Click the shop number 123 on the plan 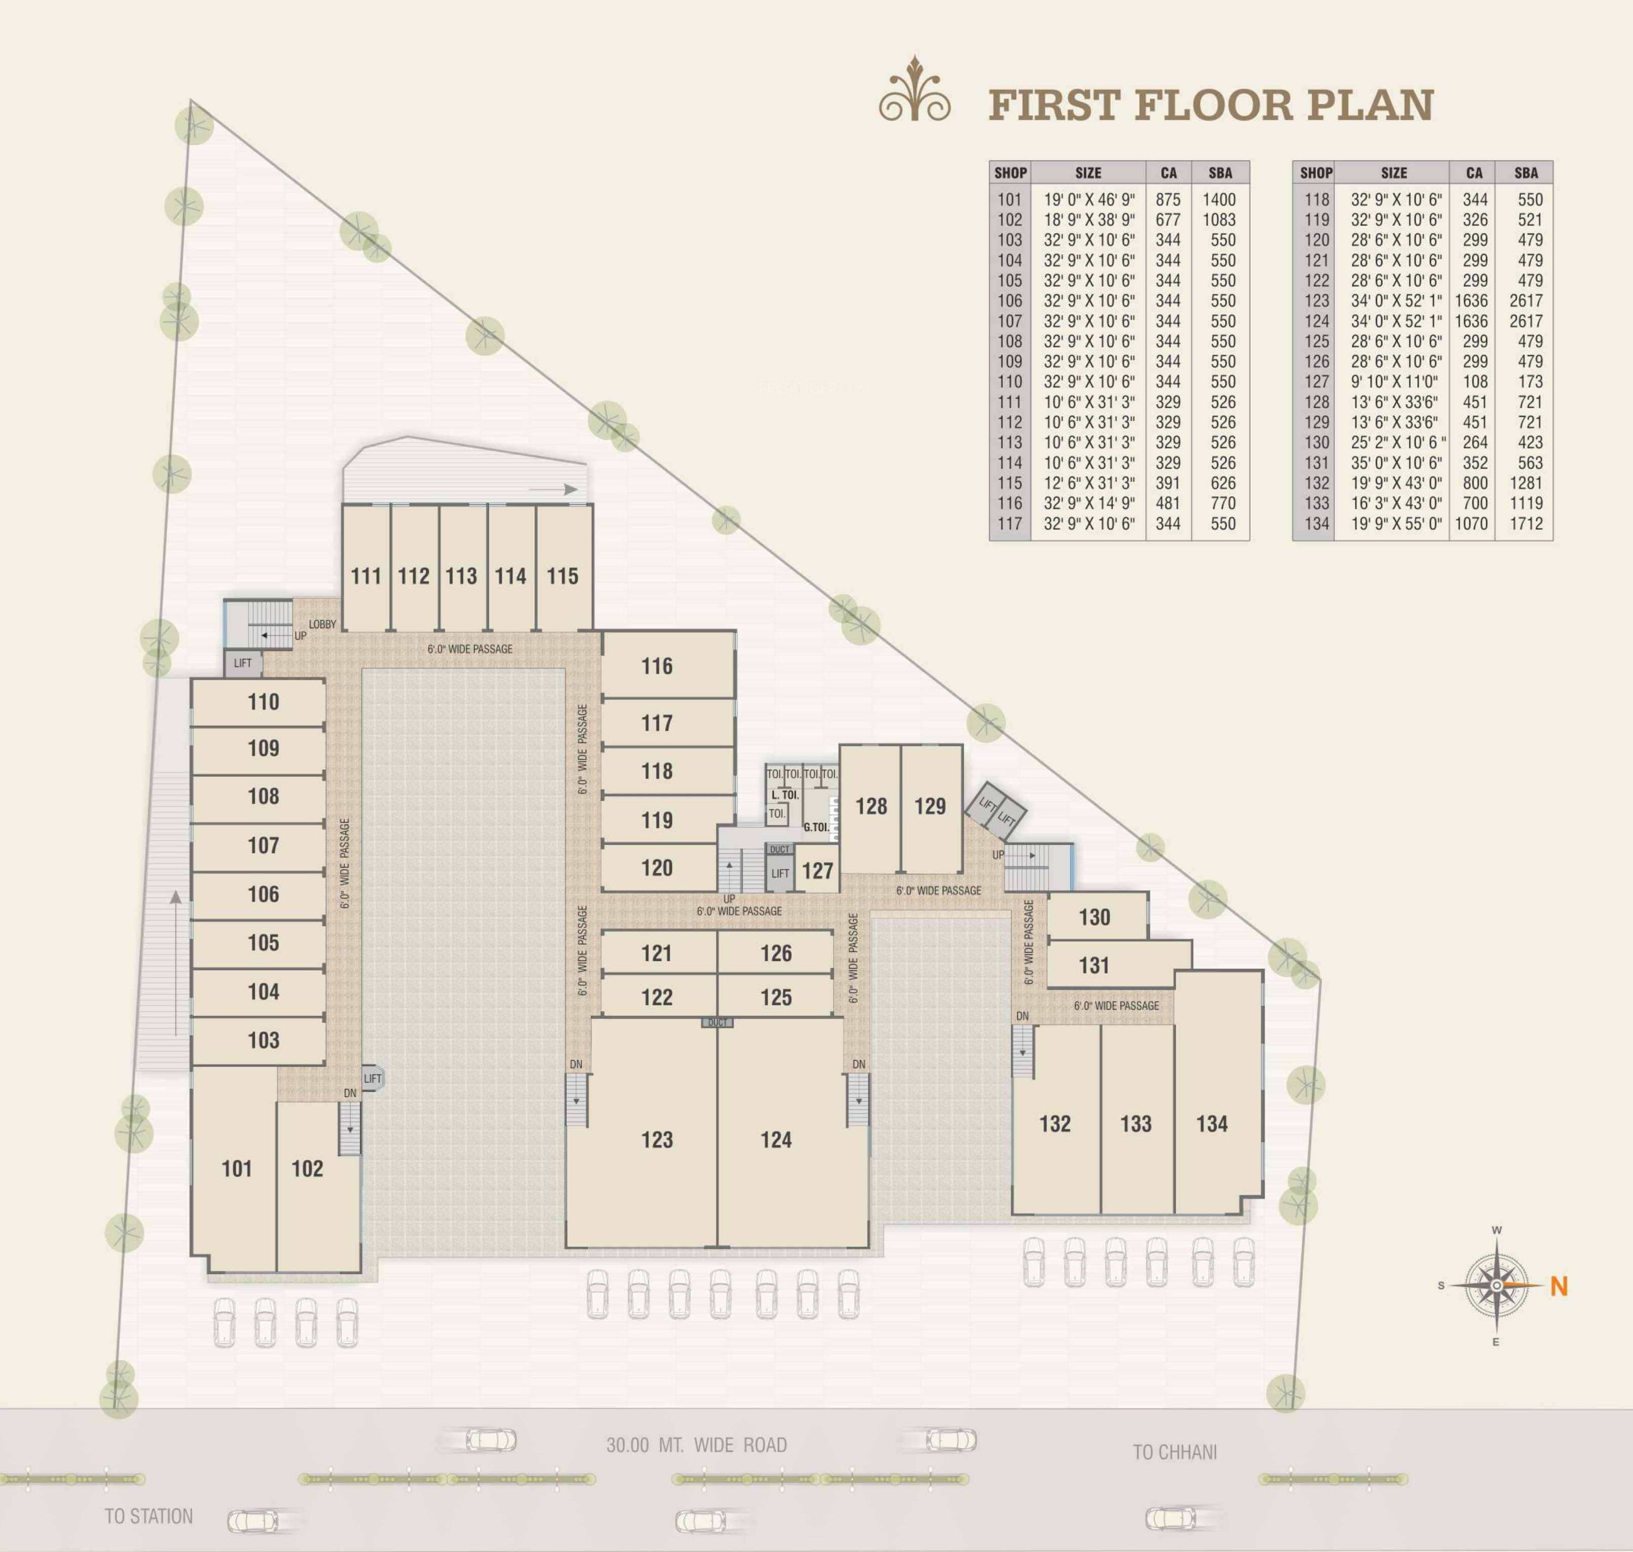[657, 1140]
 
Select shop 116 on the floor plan [657, 666]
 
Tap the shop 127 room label [818, 870]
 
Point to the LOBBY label [323, 625]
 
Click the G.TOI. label [816, 827]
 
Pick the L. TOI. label [785, 795]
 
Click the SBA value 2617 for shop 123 [1526, 301]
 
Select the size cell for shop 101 [1088, 200]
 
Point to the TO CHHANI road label [1175, 1452]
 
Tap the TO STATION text [149, 1517]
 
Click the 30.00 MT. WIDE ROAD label [696, 1445]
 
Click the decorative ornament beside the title [914, 89]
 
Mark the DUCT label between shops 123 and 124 [717, 1023]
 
